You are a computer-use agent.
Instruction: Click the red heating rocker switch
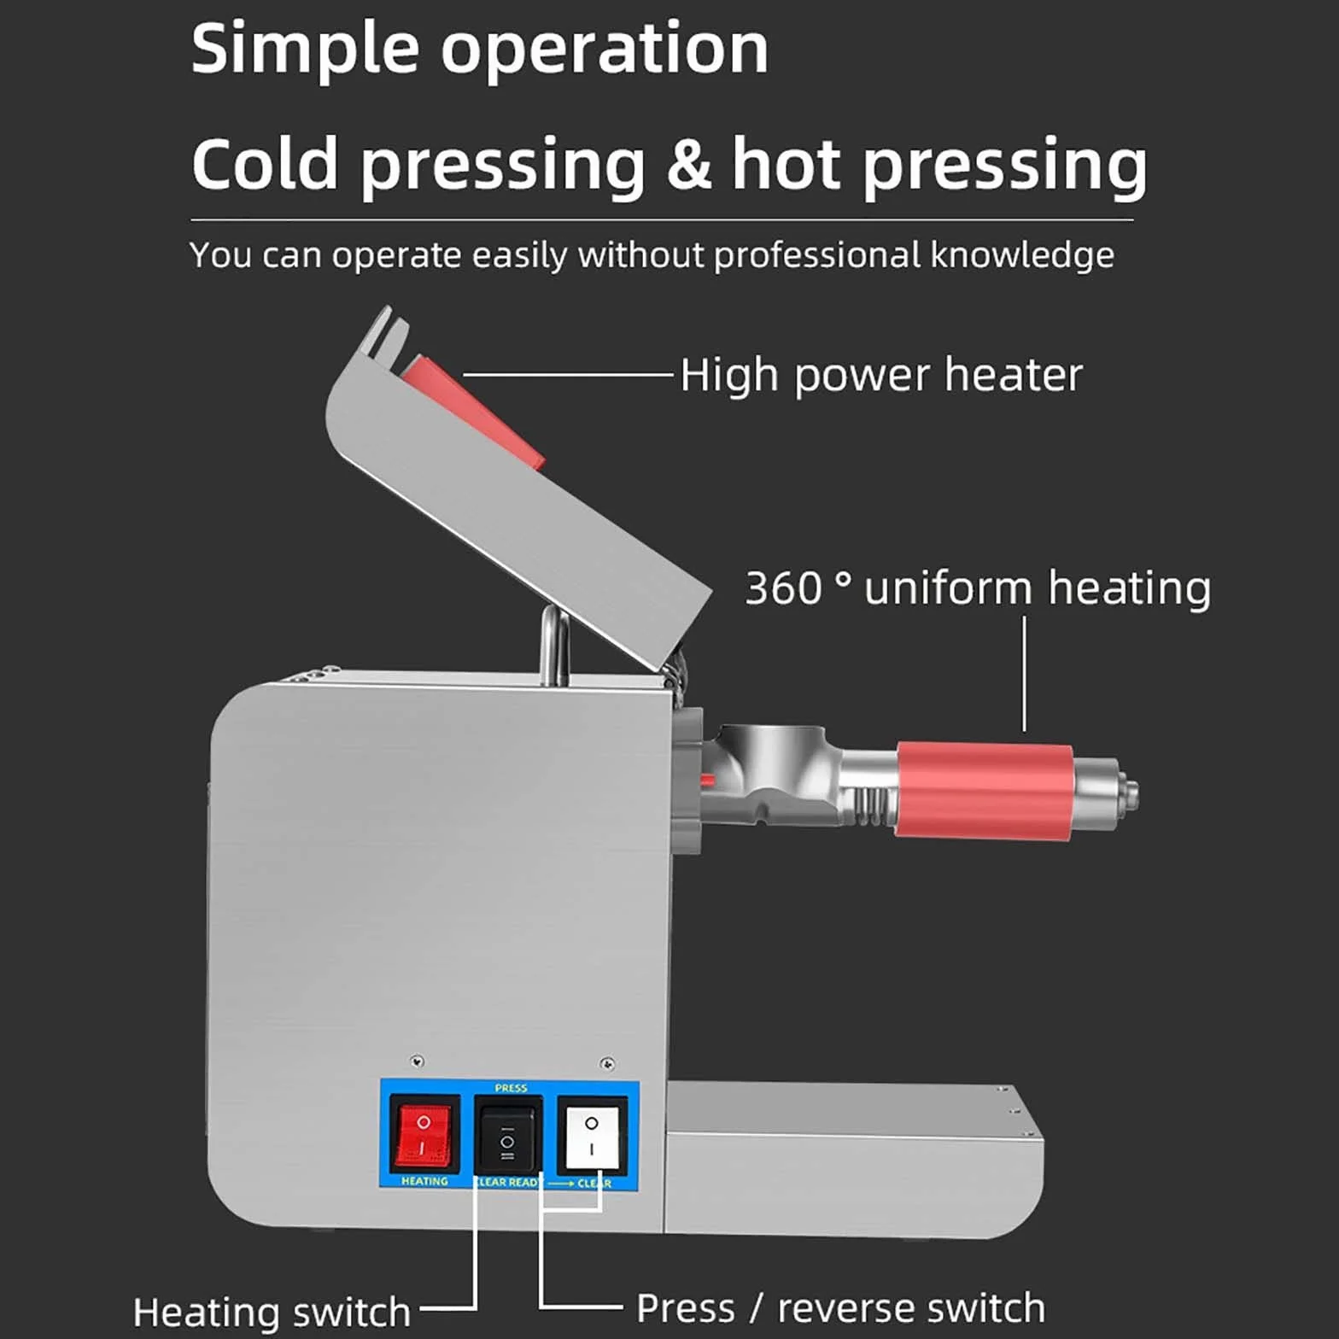424,1134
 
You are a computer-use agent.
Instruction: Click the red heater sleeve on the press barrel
985,790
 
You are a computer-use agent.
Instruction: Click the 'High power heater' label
881,375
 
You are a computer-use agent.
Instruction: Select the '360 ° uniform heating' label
978,588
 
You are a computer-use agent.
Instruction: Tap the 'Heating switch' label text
272,1312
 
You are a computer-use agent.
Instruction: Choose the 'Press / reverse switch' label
840,1308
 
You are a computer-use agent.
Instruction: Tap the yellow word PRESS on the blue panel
511,1088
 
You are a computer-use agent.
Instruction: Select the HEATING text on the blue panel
424,1181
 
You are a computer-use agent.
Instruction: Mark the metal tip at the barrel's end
1126,793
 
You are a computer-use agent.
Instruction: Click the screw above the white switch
607,1064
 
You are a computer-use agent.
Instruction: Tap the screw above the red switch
417,1061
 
